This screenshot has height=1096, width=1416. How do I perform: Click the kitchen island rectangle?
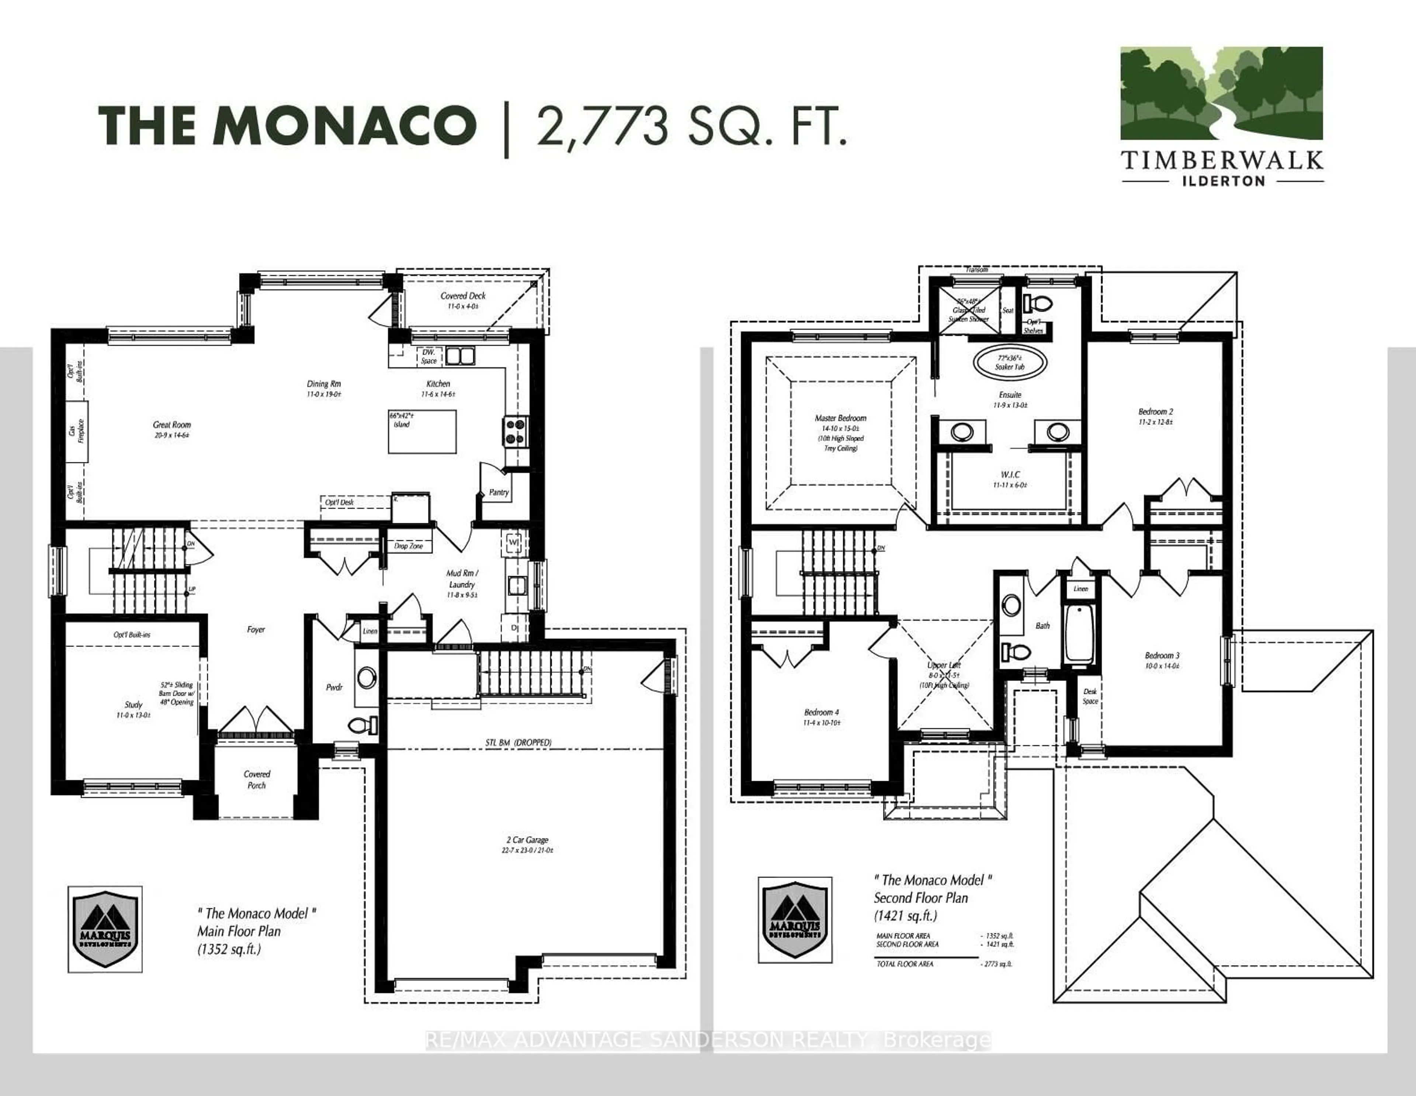(x=422, y=431)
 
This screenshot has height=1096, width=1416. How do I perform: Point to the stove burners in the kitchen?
(x=516, y=431)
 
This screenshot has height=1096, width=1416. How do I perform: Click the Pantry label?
(x=499, y=492)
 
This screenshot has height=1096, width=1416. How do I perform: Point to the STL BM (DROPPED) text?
(x=518, y=742)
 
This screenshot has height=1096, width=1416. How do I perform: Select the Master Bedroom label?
(x=840, y=418)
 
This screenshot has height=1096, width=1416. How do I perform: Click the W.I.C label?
(x=1010, y=474)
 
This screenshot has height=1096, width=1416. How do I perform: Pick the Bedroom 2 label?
(x=1155, y=411)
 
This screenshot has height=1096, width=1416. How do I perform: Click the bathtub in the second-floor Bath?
(x=1079, y=635)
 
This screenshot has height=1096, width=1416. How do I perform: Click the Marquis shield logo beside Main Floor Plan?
(x=105, y=929)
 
